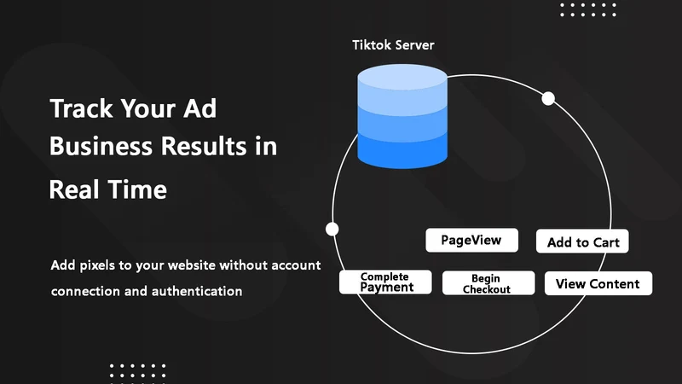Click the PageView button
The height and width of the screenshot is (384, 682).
(x=472, y=240)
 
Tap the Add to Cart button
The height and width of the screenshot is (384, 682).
(x=582, y=241)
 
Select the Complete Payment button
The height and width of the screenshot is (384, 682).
(x=385, y=282)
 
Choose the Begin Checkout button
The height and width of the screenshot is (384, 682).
(x=488, y=283)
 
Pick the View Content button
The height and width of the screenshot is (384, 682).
(x=598, y=283)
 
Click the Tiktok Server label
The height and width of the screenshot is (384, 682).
(x=393, y=45)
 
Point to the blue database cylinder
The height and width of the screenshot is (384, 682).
(x=402, y=116)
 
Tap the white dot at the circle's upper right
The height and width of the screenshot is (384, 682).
(x=548, y=99)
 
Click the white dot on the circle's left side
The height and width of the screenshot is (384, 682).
(x=332, y=229)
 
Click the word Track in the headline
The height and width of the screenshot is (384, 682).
(x=81, y=108)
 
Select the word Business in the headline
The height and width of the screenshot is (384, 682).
(x=101, y=146)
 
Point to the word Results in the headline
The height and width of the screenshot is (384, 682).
(x=204, y=146)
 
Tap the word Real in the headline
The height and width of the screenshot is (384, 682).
(x=74, y=189)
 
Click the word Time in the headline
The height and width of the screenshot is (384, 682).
(x=137, y=189)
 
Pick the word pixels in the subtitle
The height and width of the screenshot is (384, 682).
(x=97, y=265)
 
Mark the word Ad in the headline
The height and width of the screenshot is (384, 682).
(x=199, y=108)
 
